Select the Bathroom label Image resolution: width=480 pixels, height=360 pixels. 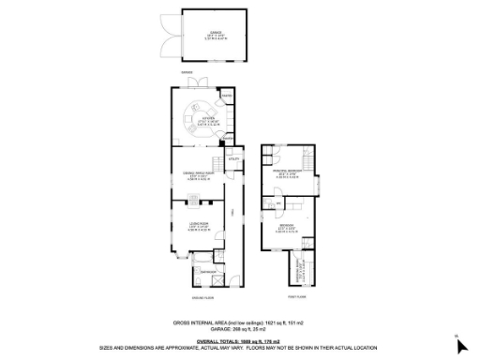[x=212, y=271]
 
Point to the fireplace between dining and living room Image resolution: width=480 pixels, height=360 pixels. [x=192, y=198]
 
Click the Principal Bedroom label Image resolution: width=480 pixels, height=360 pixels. [x=290, y=172]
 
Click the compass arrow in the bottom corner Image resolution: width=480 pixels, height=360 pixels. [x=459, y=345]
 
